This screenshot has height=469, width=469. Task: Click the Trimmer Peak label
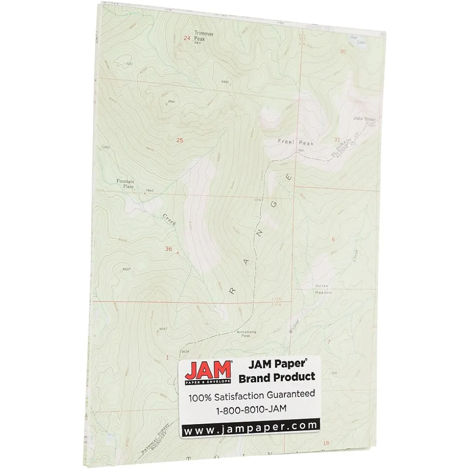pos(203,36)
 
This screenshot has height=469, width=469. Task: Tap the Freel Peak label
pos(295,142)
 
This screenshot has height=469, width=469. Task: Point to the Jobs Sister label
pos(364,118)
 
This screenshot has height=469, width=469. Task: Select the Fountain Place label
pos(125,184)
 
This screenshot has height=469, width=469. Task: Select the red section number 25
pos(180,140)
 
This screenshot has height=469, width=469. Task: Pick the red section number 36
pos(168,249)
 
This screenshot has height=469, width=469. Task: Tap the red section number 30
pos(343,51)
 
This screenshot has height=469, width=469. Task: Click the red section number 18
pos(325,443)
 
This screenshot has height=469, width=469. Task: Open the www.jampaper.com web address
pos(250,426)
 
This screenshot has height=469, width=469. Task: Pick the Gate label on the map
pos(106,147)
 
